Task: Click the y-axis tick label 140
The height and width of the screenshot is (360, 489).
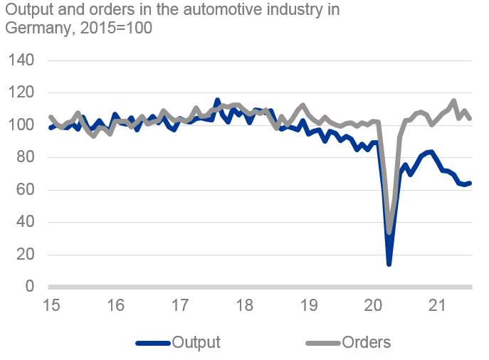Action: [x=20, y=60]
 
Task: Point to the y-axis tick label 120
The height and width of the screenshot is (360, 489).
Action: [x=20, y=92]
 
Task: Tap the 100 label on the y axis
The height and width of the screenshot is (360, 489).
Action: [x=20, y=125]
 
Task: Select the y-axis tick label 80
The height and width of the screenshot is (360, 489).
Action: [x=24, y=157]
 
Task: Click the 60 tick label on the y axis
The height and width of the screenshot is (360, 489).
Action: [x=24, y=190]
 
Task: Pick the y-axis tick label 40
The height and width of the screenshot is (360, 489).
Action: [x=24, y=222]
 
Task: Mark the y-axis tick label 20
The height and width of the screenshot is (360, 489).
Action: [x=24, y=255]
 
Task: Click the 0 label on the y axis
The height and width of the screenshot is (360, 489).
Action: [x=29, y=287]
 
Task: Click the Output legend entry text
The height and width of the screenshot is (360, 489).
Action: [x=196, y=342]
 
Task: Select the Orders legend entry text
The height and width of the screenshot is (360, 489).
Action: [x=366, y=342]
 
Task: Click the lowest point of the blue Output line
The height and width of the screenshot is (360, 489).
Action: [x=389, y=264]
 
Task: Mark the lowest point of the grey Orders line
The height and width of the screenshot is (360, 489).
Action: [x=390, y=233]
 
